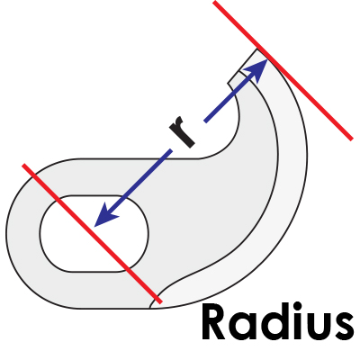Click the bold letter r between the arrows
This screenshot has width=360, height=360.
(182, 132)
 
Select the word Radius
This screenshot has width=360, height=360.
(277, 321)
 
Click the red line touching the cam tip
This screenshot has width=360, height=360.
(282, 70)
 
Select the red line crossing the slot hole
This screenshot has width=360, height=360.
(92, 233)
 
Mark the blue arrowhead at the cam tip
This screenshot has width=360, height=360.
(256, 70)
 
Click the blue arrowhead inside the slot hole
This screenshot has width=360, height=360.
(105, 215)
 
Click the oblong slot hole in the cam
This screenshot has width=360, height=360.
(94, 233)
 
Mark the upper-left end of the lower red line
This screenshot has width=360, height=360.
(23, 165)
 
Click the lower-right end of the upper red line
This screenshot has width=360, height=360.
(352, 139)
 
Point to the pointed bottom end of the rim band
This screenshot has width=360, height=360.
(150, 307)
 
